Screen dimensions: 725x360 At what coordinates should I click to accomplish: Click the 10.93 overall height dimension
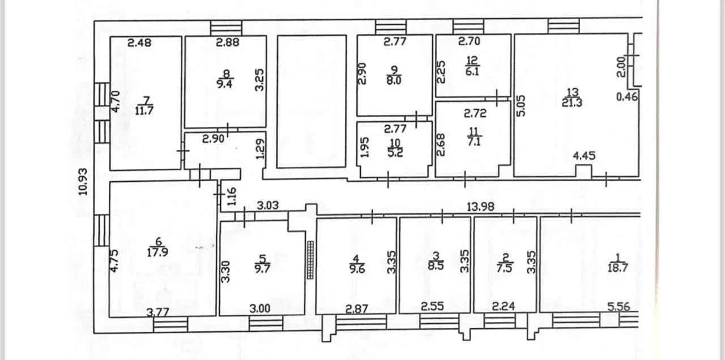83,182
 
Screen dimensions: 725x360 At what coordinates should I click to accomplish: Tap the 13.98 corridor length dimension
481,207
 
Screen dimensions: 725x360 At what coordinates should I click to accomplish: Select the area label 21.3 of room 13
572,103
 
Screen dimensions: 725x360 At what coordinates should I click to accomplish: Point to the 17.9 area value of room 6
157,252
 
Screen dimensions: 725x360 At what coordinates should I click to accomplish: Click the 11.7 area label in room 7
144,110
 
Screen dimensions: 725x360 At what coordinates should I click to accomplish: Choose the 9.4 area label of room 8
224,84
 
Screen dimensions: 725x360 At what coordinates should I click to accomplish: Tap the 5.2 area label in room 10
395,152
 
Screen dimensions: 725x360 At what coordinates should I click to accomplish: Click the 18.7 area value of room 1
618,268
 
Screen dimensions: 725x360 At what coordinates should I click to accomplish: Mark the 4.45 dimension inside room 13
584,156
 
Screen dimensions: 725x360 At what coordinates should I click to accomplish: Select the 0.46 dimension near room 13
627,97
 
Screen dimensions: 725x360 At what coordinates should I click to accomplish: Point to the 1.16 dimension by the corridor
232,196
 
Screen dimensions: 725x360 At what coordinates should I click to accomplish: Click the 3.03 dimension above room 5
268,205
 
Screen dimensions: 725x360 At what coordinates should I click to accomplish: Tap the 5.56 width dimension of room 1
619,307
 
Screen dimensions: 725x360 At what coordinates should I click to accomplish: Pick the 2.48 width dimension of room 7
139,42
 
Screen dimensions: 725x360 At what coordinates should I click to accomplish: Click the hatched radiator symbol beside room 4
310,260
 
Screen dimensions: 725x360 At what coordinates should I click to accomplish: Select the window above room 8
226,28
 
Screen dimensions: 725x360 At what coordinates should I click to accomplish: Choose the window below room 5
266,324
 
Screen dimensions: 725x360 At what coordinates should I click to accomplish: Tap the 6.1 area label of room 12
472,71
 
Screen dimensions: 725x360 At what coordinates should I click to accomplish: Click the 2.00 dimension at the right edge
621,67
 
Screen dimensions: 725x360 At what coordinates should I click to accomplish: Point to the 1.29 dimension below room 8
260,149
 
